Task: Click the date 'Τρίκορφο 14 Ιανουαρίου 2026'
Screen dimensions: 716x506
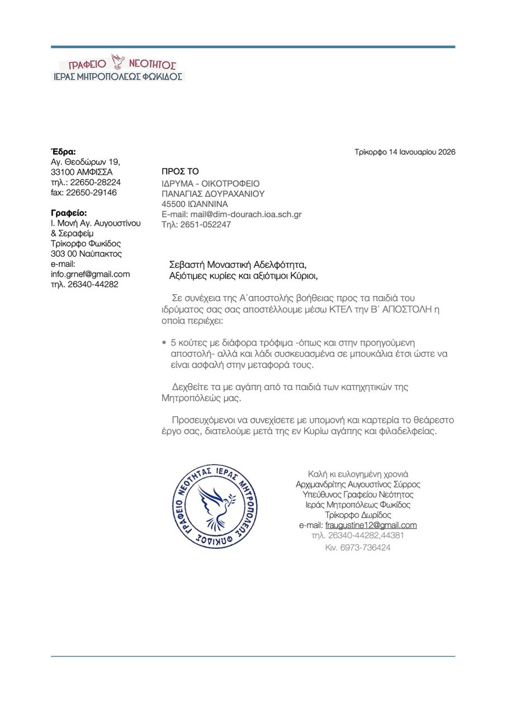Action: point(405,152)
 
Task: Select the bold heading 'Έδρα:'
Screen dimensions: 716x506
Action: point(63,151)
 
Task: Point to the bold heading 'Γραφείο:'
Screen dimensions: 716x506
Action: point(69,213)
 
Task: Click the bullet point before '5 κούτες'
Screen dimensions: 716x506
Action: point(163,342)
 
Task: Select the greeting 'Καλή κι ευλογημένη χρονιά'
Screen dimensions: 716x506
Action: point(358,474)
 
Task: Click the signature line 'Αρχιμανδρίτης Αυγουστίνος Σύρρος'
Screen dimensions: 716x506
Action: point(358,484)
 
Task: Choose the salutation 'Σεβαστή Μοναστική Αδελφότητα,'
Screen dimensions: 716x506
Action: point(238,264)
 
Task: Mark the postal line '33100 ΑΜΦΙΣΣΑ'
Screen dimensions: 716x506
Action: point(82,172)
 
